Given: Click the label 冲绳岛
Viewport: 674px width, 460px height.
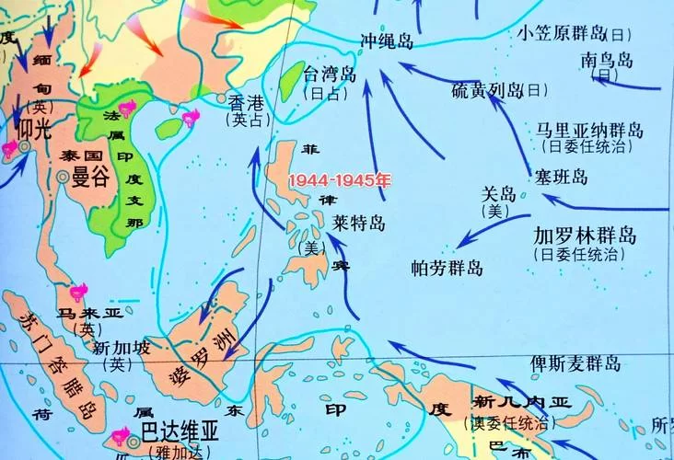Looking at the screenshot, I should (x=387, y=41).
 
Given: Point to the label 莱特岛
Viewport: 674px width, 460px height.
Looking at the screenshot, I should (x=358, y=224).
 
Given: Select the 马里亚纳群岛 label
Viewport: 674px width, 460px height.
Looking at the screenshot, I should (x=589, y=130).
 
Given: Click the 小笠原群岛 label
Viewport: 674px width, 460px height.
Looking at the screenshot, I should (x=561, y=33).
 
